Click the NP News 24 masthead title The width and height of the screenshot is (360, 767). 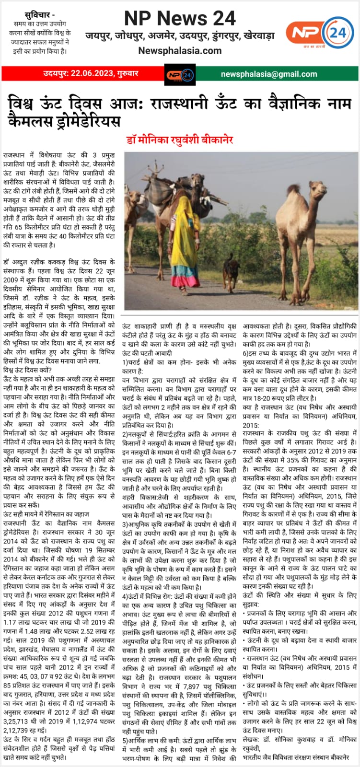coord(180,18)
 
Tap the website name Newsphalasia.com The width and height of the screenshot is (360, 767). coord(180,51)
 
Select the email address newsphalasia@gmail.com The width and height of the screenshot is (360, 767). coord(269,74)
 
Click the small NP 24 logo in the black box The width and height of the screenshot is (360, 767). coord(179,75)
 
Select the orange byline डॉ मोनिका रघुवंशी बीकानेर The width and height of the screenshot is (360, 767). coord(179,140)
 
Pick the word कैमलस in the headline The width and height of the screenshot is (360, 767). coord(33,122)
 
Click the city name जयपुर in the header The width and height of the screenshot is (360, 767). coord(99,35)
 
